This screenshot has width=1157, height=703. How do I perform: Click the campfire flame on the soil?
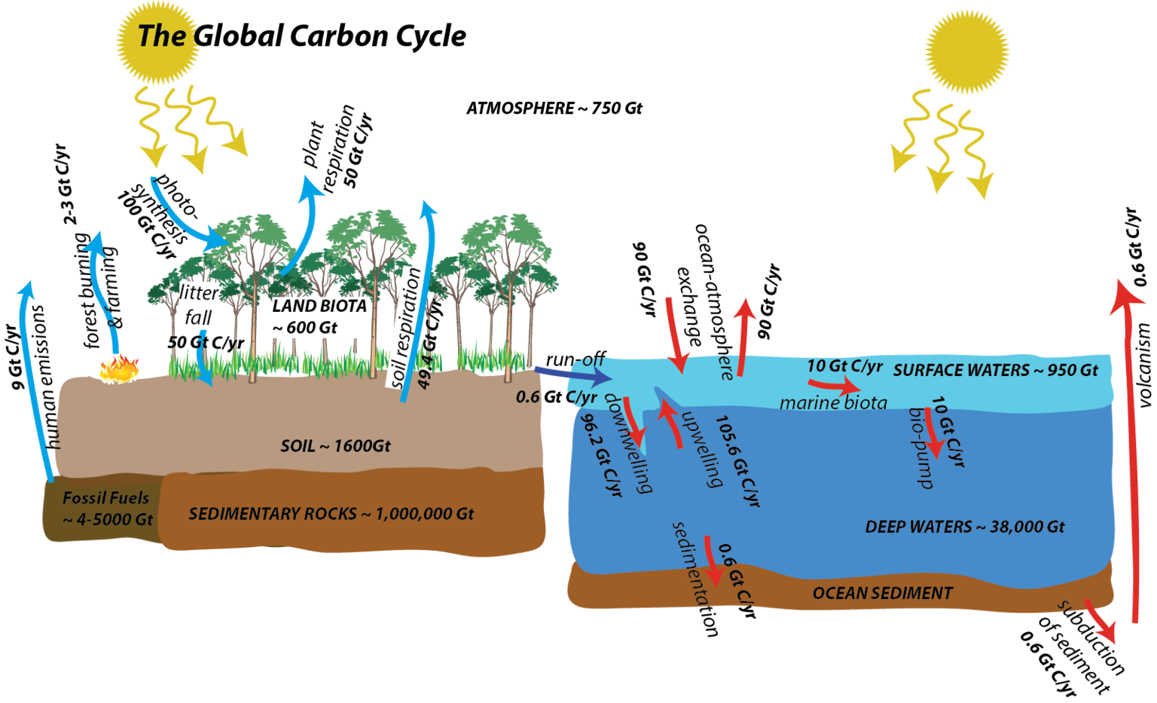coord(120,369)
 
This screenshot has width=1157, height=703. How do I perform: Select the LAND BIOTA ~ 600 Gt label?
coord(320,316)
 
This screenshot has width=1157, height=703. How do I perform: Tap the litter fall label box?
coord(199,305)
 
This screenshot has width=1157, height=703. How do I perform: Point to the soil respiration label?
coord(404,327)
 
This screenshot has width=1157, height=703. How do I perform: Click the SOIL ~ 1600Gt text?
coord(335,446)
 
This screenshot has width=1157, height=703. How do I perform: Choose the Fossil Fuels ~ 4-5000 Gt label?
coord(106,509)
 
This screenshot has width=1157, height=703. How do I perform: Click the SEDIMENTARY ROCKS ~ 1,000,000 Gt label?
coord(331,514)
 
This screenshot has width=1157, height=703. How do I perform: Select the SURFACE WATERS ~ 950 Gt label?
coord(995,370)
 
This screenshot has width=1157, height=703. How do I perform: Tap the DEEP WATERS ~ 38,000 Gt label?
coord(965,527)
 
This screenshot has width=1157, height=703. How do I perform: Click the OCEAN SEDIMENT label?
coord(882,594)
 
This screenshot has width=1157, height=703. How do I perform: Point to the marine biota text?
coord(833,402)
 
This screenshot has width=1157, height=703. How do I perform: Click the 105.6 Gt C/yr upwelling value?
coord(736,460)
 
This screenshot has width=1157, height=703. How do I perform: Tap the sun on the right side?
coord(966,51)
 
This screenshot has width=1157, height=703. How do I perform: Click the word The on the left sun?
coord(161,36)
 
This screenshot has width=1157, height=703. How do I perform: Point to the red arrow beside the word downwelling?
coord(634,420)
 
